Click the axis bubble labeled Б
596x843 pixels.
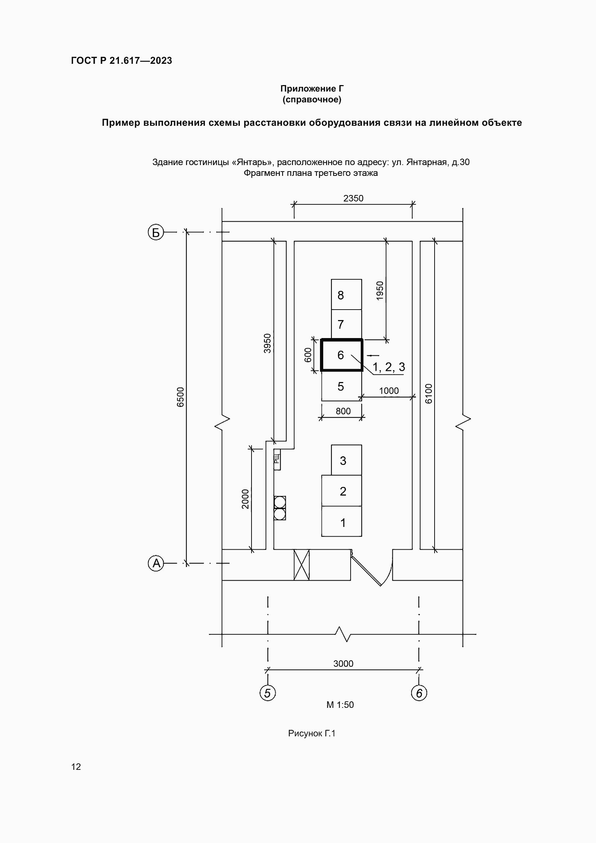pos(156,232)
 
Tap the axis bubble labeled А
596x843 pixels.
pos(156,563)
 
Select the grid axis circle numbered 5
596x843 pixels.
pos(267,693)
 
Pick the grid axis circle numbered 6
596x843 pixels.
pos(419,693)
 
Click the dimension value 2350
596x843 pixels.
pos(353,198)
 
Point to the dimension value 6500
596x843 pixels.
pos(180,397)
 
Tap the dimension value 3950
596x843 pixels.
pos(267,343)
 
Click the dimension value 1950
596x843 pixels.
pos(380,291)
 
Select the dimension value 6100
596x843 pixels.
pos(429,394)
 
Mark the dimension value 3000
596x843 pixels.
pos(343,664)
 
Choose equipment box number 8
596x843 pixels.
pos(346,294)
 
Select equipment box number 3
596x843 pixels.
pos(346,460)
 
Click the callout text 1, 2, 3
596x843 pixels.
pos(389,367)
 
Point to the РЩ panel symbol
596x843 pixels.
pos(277,459)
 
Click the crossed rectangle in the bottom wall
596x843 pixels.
pos(302,565)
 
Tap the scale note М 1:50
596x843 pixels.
pos(340,705)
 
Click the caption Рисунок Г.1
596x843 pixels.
pos(312,733)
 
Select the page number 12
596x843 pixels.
pos(76,767)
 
